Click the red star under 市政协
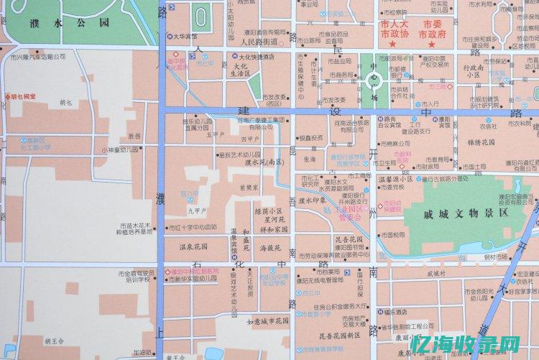392,45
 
